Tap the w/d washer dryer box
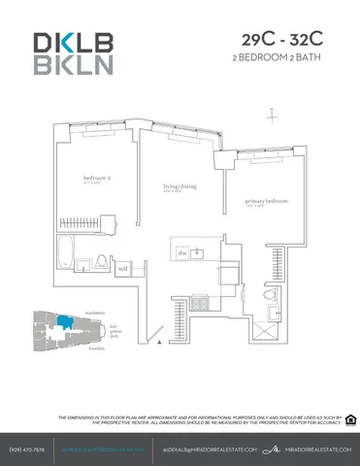tap(123, 268)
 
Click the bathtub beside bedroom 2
tap(71, 250)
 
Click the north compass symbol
tap(275, 115)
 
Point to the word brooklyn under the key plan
tap(95, 347)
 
